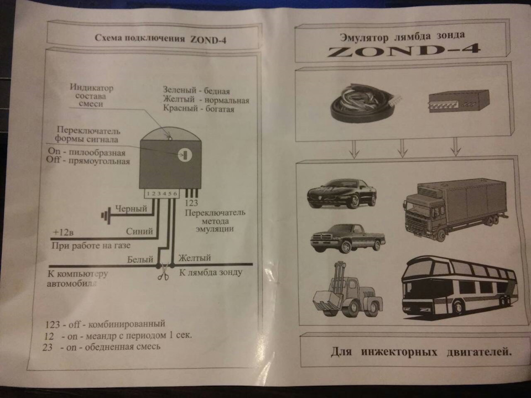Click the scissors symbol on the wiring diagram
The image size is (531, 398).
pyautogui.click(x=163, y=273)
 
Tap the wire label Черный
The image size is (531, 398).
pyautogui.click(x=132, y=209)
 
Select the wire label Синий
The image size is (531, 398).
pyautogui.click(x=139, y=231)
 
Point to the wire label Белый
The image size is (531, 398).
pyautogui.click(x=140, y=259)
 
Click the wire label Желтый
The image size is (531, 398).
pyautogui.click(x=194, y=258)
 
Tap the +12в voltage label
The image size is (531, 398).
pyautogui.click(x=63, y=233)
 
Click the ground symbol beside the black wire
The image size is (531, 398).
pyautogui.click(x=106, y=215)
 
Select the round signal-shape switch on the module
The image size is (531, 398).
pyautogui.click(x=185, y=155)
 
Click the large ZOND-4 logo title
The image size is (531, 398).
pyautogui.click(x=404, y=50)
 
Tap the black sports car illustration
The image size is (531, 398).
pyautogui.click(x=342, y=193)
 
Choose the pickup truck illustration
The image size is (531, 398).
pyautogui.click(x=348, y=238)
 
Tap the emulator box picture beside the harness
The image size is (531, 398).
pyautogui.click(x=459, y=101)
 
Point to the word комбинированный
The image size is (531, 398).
pyautogui.click(x=127, y=324)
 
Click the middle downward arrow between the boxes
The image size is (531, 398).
pyautogui.click(x=402, y=148)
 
